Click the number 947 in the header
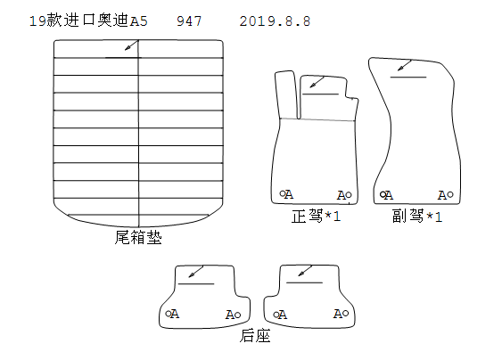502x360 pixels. tap(189, 21)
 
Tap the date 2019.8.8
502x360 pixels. tap(275, 21)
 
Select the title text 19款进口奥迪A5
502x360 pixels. tap(88, 20)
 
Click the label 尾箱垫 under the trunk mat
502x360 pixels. tap(138, 237)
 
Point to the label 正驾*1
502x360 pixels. tap(316, 216)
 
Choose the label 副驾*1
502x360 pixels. tap(417, 216)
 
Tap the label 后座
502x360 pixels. tap(255, 336)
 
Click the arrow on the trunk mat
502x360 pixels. tap(132, 45)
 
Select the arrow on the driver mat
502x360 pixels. tap(317, 82)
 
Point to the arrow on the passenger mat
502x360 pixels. tap(404, 66)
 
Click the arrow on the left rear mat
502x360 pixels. tap(196, 272)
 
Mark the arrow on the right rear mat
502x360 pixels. tap(305, 271)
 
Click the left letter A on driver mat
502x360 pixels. tap(289, 194)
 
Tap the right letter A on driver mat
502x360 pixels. tap(342, 195)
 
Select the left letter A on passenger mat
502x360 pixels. tap(389, 195)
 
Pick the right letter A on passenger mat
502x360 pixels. tap(442, 195)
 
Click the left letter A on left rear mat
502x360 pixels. tap(175, 314)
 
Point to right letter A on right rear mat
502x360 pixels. tap(338, 314)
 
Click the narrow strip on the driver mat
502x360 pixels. tap(287, 94)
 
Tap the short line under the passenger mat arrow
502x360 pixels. tap(408, 78)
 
